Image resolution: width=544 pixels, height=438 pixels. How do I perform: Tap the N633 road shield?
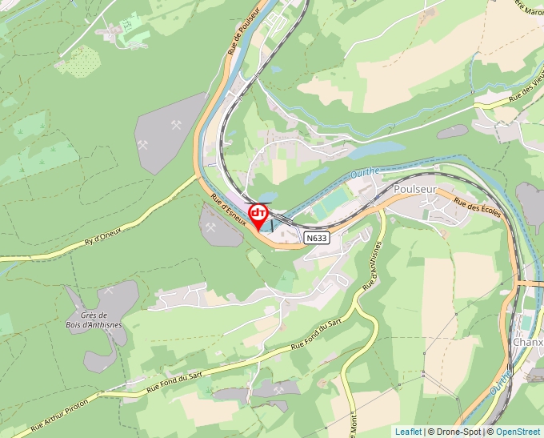[317, 239]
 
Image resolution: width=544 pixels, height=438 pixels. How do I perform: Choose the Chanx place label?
[527, 342]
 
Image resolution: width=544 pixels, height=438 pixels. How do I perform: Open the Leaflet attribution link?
[408, 432]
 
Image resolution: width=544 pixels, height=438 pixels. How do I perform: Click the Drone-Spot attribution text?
[459, 432]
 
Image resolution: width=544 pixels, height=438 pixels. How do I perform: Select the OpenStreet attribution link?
[519, 432]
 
